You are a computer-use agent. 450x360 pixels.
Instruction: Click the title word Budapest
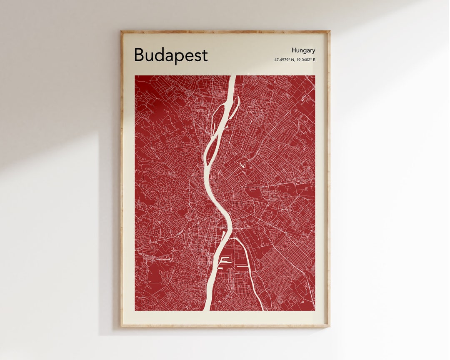[170, 55]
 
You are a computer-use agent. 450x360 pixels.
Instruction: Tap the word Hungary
[303, 50]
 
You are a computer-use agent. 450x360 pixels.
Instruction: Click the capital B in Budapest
[139, 55]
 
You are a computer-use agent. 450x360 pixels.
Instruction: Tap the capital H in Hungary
[294, 50]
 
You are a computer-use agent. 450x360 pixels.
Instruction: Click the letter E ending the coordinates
[314, 60]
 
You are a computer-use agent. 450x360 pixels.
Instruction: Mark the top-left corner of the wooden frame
[121, 31]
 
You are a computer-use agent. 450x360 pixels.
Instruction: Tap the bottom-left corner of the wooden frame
[121, 326]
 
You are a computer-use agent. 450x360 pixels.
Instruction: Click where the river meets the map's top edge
[232, 76]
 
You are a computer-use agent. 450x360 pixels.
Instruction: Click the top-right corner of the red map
[315, 76]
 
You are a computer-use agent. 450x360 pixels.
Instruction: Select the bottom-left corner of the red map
[135, 310]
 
